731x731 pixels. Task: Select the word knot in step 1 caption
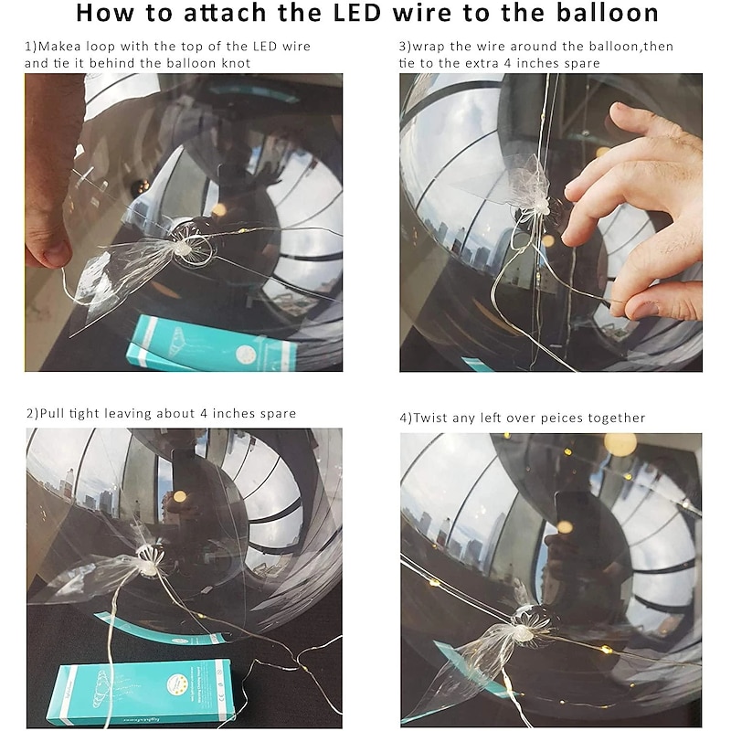point(236,63)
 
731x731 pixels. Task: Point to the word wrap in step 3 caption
point(428,48)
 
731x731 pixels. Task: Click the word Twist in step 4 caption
point(430,418)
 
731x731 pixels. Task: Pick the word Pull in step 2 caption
point(52,414)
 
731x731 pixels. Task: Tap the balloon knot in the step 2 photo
point(148,565)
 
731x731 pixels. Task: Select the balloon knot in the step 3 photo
point(540,206)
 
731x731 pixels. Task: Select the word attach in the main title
point(226,13)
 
